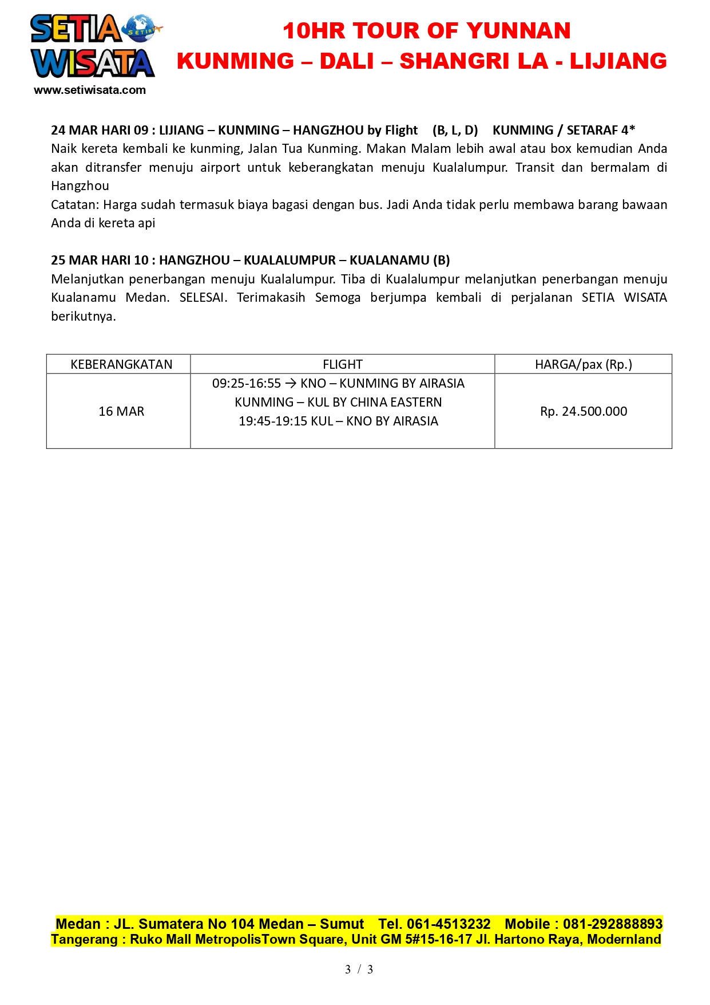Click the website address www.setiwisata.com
click(90, 90)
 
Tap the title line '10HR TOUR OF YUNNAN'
click(426, 31)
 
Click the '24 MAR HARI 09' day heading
click(100, 131)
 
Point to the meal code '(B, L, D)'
click(455, 131)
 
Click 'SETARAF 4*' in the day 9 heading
click(601, 131)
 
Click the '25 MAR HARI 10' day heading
click(100, 261)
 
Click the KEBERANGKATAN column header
click(121, 365)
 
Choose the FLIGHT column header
click(342, 365)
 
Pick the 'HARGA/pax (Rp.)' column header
click(583, 365)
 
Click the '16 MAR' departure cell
click(121, 412)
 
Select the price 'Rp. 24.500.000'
click(583, 412)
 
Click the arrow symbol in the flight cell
click(291, 384)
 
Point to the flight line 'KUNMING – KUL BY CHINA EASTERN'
click(338, 403)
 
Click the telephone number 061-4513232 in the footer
click(449, 924)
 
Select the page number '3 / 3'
click(359, 969)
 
